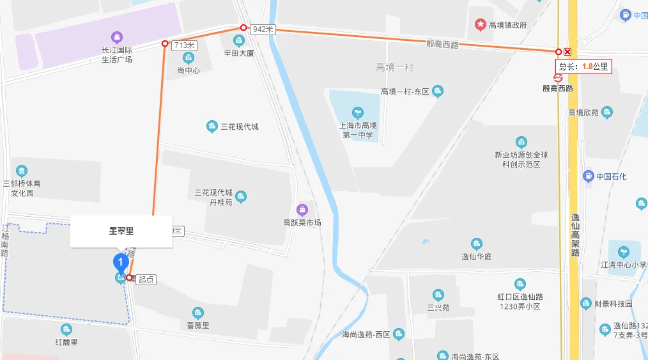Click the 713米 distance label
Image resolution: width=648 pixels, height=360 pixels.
[x=183, y=45]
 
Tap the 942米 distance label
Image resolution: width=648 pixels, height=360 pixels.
[x=263, y=29]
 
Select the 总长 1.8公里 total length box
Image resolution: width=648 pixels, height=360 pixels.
[x=583, y=66]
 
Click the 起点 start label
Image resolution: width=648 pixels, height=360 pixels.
[x=146, y=279]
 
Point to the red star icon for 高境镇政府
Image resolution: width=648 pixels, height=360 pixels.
[x=480, y=24]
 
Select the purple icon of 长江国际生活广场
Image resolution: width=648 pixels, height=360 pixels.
[x=116, y=38]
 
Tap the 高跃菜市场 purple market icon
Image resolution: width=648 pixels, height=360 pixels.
[x=302, y=209]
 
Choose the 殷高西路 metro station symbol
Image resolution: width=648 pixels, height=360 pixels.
[x=557, y=77]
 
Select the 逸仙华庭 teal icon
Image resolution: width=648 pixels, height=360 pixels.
[x=476, y=244]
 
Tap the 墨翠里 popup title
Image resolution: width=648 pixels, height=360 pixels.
[x=121, y=231]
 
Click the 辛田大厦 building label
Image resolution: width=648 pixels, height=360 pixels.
[x=239, y=53]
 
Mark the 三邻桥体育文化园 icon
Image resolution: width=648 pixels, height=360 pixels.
[x=22, y=171]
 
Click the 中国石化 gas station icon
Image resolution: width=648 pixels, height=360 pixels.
[x=589, y=176]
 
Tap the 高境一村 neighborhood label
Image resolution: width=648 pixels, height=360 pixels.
[x=395, y=68]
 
